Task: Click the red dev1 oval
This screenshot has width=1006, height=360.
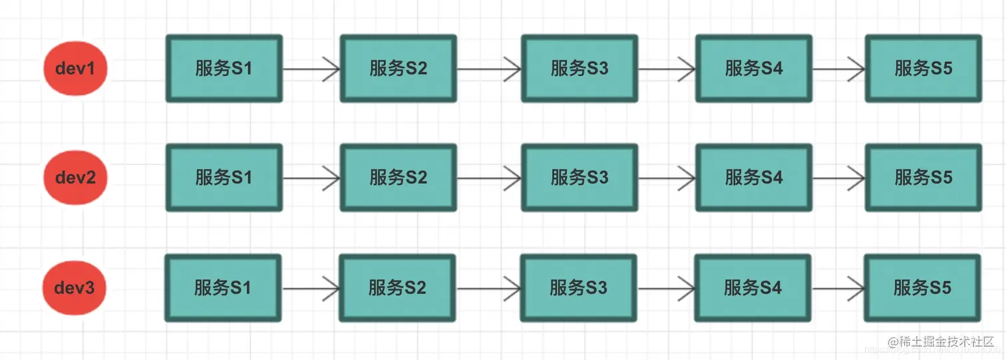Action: click(x=75, y=68)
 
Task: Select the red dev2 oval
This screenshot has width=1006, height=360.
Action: click(x=75, y=178)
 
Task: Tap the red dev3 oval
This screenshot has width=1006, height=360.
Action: click(x=75, y=288)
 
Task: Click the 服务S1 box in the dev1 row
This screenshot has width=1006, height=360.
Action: click(x=224, y=69)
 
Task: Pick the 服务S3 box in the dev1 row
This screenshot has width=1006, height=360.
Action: click(x=580, y=69)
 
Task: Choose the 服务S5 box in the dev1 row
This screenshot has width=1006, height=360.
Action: click(x=923, y=69)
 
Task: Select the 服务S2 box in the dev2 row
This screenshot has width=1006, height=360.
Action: click(x=399, y=178)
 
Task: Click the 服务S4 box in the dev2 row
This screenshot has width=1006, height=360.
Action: click(x=754, y=178)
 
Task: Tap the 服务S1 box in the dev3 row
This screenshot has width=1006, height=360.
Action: click(x=223, y=288)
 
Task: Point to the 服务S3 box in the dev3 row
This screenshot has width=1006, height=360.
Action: click(x=578, y=288)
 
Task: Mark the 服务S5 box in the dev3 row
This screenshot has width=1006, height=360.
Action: click(x=922, y=288)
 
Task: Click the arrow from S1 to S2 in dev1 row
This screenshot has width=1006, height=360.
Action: click(x=311, y=69)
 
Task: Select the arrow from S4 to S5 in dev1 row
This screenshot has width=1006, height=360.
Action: click(x=838, y=69)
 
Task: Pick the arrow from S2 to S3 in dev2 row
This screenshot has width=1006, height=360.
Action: click(x=489, y=178)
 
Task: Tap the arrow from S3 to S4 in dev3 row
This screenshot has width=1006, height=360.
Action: click(x=665, y=288)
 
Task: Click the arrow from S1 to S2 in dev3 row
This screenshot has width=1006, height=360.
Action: click(x=310, y=288)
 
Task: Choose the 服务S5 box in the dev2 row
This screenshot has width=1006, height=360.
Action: click(x=923, y=178)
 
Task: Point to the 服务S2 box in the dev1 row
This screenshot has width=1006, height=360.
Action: click(x=399, y=69)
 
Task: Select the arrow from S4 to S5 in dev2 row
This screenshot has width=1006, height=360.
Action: click(x=838, y=178)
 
